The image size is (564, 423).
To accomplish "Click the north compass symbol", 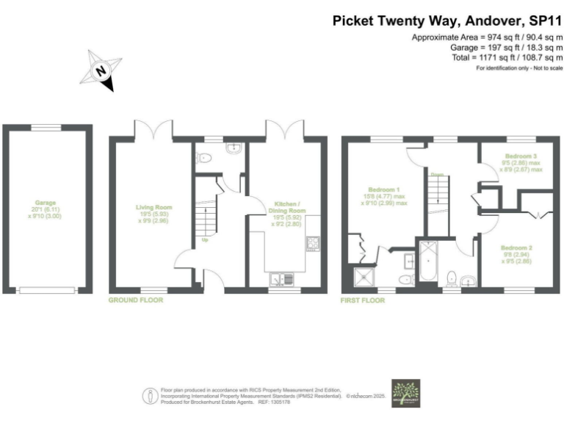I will click(101, 71).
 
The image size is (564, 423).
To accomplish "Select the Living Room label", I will click(153, 214).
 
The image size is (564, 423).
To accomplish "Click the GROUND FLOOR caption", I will click(136, 300).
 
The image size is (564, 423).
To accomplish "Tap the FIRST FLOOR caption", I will click(364, 300).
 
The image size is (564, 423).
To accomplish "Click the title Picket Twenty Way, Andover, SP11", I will click(447, 21).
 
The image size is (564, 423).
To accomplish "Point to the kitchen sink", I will click(280, 278).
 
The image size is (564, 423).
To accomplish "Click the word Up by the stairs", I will click(205, 239).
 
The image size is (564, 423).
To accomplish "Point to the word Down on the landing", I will click(437, 174).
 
